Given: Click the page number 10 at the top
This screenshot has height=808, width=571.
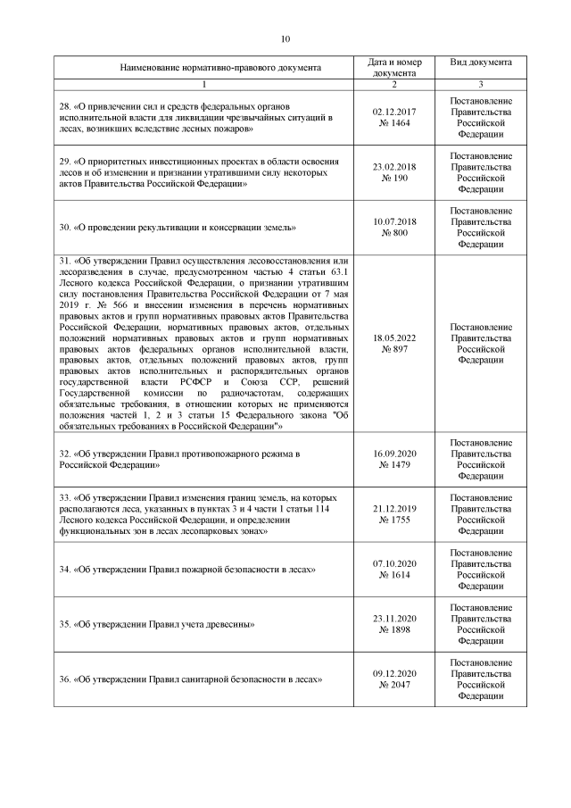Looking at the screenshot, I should [285, 38].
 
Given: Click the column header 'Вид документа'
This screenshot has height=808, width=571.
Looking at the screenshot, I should [481, 63].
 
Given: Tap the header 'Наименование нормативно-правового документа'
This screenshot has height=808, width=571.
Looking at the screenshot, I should [208, 68].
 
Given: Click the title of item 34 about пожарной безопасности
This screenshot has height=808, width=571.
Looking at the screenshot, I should [186, 569].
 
